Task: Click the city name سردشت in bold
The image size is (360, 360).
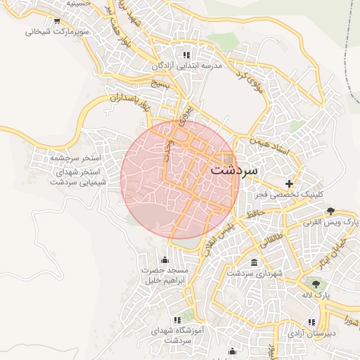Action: pos(234,170)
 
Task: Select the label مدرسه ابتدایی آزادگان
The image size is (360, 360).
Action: pos(186,65)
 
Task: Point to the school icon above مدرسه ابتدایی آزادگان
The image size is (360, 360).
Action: pos(186,54)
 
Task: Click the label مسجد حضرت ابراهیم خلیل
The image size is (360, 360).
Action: pos(165,276)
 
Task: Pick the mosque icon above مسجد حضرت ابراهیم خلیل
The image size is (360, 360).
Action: pos(165,259)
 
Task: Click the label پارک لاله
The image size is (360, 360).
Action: pos(317,296)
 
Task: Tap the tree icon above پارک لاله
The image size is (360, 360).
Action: pos(317,284)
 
